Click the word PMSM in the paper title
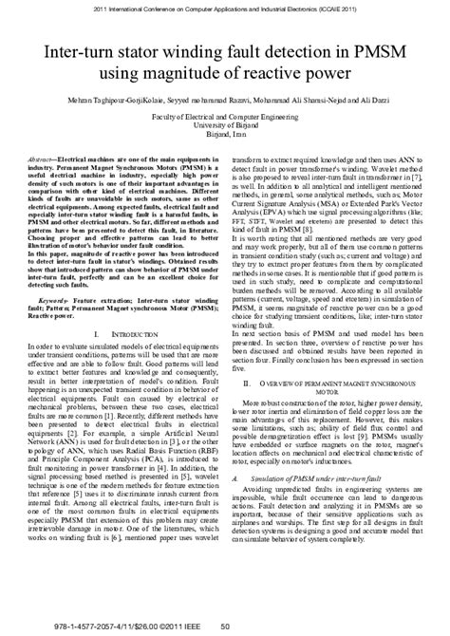tap(377, 49)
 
